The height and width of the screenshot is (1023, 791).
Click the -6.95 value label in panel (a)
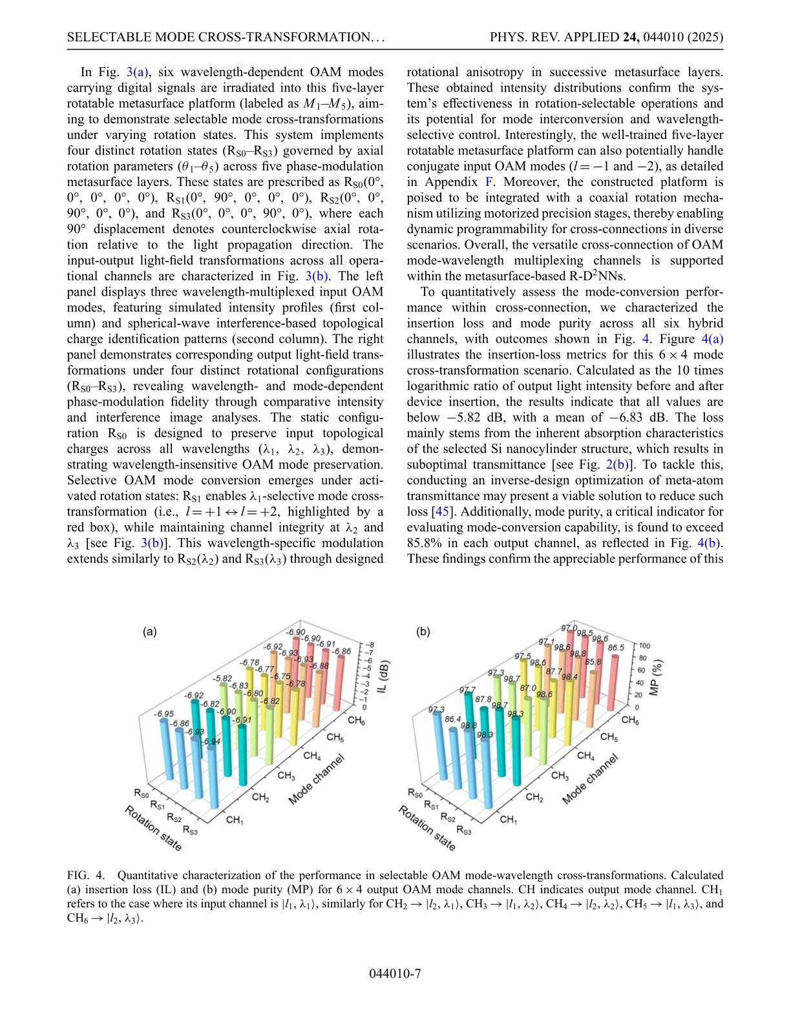pos(163,714)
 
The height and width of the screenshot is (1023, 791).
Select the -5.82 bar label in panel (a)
pos(223,679)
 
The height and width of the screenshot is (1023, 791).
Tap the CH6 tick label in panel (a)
pos(356,720)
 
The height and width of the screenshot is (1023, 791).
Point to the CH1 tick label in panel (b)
pos(509,820)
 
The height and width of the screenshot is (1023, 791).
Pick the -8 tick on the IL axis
pos(370,645)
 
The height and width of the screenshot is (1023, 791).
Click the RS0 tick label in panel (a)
pos(142,792)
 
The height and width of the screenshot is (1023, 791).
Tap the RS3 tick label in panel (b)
pos(463,830)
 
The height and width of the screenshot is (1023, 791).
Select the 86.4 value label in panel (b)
pos(452,719)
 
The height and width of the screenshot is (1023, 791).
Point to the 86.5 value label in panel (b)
pos(615,647)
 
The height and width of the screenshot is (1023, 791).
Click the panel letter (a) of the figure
pos(149,632)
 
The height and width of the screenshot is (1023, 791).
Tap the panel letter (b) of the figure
pos(423,632)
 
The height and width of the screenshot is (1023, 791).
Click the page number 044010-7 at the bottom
pos(395,973)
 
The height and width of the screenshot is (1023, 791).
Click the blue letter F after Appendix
pos(489,182)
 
